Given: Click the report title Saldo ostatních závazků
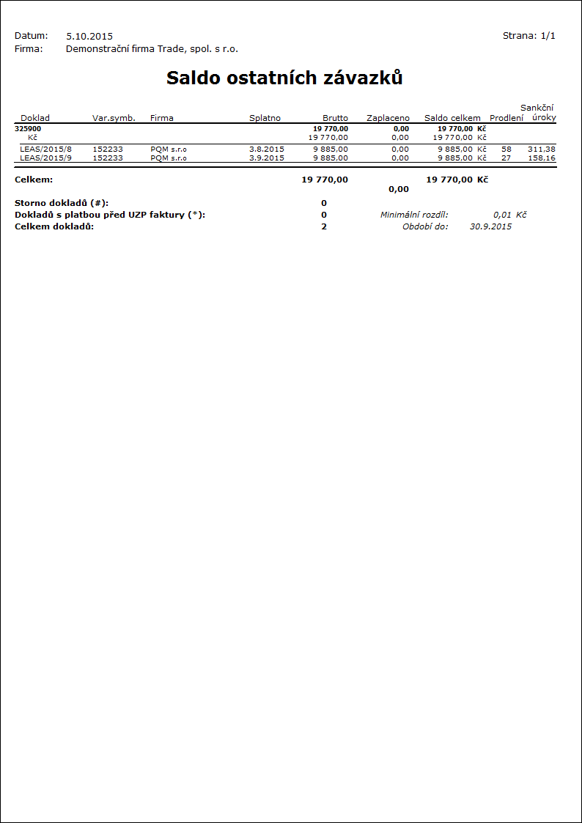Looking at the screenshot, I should [284, 78].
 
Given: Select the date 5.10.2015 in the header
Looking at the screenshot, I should [89, 36].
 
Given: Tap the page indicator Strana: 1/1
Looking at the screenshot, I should [528, 35].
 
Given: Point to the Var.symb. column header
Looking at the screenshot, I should [114, 118].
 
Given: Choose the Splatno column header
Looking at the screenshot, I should [265, 118].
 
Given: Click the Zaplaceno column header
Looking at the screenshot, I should [388, 118].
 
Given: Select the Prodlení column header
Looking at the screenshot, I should [507, 118].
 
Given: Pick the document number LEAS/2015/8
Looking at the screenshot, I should [45, 149].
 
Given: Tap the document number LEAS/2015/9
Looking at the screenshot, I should [45, 158].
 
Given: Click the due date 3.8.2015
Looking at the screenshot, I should [266, 149].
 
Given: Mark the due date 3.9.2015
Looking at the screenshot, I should [266, 158].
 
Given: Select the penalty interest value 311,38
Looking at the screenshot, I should [542, 149].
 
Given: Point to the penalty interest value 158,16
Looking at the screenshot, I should [542, 158].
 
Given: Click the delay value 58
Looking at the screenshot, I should [507, 149].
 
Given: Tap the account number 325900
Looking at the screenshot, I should [28, 128].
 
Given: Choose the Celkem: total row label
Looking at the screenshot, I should [34, 180].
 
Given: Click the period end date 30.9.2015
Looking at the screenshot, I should [490, 226].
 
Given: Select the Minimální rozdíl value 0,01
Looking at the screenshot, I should [502, 215].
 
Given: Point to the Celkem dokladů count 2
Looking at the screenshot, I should [324, 226].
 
